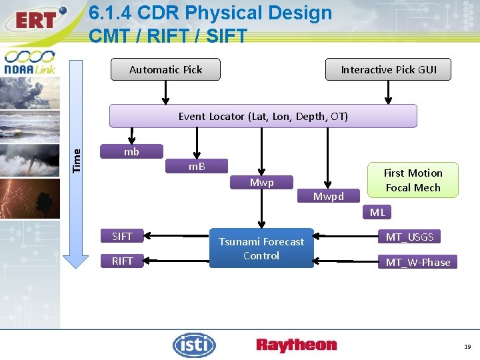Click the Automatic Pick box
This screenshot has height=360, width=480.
coord(165,69)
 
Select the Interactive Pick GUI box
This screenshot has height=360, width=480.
coord(388,69)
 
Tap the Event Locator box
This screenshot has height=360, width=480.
coord(263,116)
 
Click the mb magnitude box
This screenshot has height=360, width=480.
coord(131,152)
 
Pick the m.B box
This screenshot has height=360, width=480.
coord(197,166)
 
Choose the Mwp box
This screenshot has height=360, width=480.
coord(261,182)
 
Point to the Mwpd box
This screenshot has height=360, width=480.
coord(329,197)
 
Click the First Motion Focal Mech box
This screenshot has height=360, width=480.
coord(413,180)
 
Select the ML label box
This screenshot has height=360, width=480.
coord(377,213)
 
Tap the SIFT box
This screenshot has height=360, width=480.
coord(122,236)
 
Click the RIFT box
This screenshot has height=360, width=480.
coord(122,261)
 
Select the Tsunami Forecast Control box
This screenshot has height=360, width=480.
coord(261,249)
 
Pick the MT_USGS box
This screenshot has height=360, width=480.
coord(410,237)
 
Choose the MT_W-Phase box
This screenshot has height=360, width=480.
coord(418,262)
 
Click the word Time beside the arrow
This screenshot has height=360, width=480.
coord(77,160)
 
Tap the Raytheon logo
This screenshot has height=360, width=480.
coord(296,345)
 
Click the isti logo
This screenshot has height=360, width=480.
coord(194,345)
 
